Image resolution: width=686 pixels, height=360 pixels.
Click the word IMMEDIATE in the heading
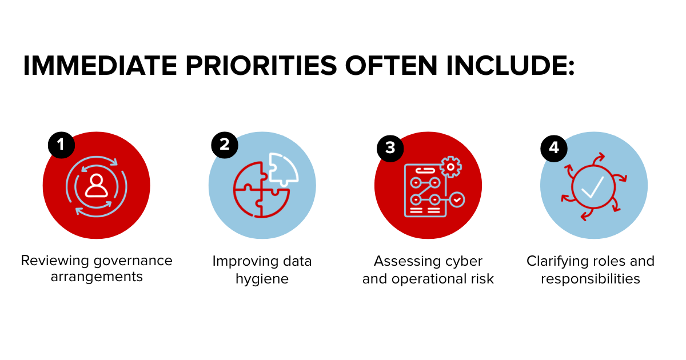pyautogui.click(x=100, y=66)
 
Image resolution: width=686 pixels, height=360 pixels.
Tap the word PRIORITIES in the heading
pyautogui.click(x=261, y=66)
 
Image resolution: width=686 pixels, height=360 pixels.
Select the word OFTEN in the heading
pyautogui.click(x=392, y=66)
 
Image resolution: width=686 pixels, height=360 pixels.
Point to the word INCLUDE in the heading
pyautogui.click(x=510, y=66)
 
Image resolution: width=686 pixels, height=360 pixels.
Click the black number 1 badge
pyautogui.click(x=61, y=145)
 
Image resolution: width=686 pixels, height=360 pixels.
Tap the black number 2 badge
pyautogui.click(x=225, y=145)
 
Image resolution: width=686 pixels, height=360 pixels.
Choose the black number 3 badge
pyautogui.click(x=390, y=149)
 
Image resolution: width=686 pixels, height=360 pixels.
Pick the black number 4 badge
pyautogui.click(x=554, y=149)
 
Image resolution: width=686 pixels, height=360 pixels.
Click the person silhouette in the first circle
pyautogui.click(x=97, y=186)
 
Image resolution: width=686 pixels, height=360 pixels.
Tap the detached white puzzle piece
pyautogui.click(x=282, y=169)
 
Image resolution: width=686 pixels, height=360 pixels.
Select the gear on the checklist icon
pyautogui.click(x=450, y=167)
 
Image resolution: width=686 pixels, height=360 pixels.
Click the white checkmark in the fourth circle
pyautogui.click(x=593, y=187)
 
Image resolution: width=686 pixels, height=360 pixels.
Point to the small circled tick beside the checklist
pyautogui.click(x=457, y=200)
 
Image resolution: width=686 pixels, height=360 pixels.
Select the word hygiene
pyautogui.click(x=262, y=279)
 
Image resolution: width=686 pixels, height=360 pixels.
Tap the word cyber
pyautogui.click(x=464, y=262)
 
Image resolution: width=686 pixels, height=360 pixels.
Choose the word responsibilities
pyautogui.click(x=591, y=279)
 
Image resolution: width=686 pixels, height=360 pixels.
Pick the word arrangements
pyautogui.click(x=97, y=277)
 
